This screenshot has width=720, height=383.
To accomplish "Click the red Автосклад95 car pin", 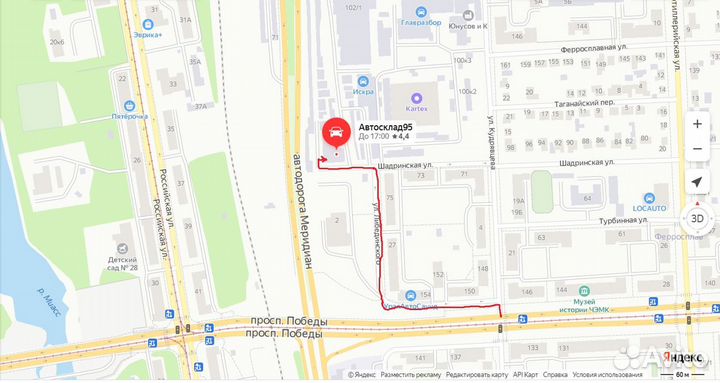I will pos(335,133).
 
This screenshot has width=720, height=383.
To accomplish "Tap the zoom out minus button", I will pos(697,150).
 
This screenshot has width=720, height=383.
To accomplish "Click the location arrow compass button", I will pos(697,183).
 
